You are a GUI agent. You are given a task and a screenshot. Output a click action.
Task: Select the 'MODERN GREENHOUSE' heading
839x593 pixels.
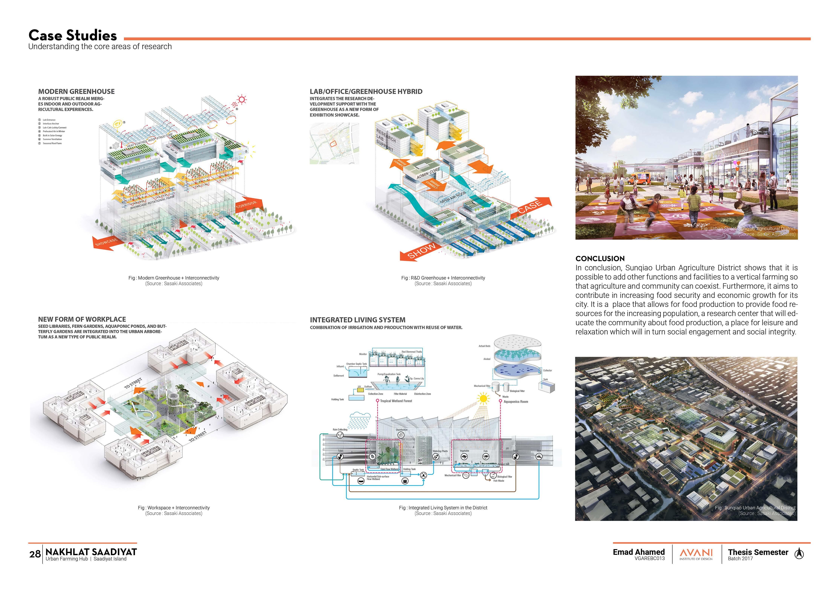[x=76, y=91]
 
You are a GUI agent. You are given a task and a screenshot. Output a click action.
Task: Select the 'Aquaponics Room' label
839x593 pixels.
[x=516, y=402]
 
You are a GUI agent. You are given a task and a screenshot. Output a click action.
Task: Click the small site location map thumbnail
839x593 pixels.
[x=334, y=143]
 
